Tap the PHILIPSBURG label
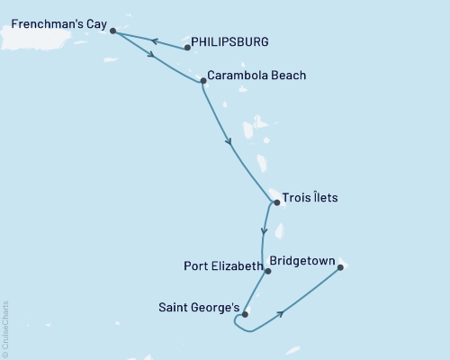231,42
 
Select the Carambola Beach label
256,76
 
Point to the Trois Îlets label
310,198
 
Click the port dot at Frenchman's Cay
112,31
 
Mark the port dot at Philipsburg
187,47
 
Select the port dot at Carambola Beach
202,81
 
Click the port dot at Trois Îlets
276,202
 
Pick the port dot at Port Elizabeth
268,270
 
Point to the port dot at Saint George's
245,314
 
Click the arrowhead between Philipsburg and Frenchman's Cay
154,40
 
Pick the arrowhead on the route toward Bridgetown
283,313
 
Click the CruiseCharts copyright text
4,328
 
